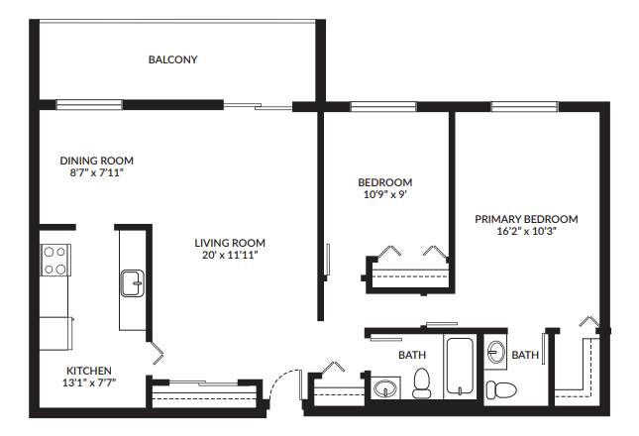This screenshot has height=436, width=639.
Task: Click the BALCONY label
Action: click(x=173, y=59)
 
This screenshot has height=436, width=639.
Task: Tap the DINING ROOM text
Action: click(x=96, y=161)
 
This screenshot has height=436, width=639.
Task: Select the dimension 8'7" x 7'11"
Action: click(x=96, y=172)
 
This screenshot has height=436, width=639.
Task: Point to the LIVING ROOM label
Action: click(x=230, y=243)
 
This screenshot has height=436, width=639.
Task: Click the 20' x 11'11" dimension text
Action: click(x=230, y=255)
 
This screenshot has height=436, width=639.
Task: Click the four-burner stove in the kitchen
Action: click(x=55, y=261)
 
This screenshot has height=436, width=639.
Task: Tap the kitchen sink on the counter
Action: click(x=132, y=283)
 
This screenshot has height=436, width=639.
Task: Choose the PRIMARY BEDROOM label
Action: click(x=526, y=219)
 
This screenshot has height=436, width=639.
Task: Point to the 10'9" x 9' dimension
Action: click(x=384, y=194)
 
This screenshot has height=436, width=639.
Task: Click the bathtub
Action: click(x=460, y=369)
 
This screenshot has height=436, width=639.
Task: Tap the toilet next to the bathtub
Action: click(x=421, y=382)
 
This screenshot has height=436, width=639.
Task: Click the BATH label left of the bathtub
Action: click(x=412, y=355)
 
